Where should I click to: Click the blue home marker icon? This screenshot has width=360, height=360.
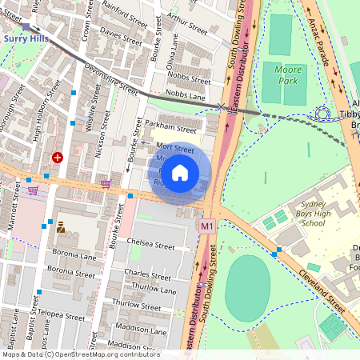(x=180, y=173)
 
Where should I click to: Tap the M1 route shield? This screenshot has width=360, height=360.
(x=207, y=227)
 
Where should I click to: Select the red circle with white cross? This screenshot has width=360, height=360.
(x=57, y=158)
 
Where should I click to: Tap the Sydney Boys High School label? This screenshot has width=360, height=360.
(x=301, y=215)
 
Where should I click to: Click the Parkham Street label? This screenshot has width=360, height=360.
(x=170, y=128)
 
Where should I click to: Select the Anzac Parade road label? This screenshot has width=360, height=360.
(x=328, y=44)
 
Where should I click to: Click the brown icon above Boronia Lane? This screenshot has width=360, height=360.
(x=60, y=226)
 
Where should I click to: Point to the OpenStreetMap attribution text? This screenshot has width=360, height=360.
(x=81, y=354)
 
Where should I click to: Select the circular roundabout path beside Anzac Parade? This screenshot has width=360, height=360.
(x=323, y=114)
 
